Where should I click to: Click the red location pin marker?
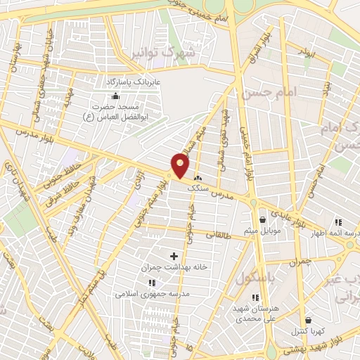(x=181, y=165)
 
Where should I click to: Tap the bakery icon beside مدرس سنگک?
(x=197, y=178)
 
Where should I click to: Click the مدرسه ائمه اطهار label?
(x=344, y=233)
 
